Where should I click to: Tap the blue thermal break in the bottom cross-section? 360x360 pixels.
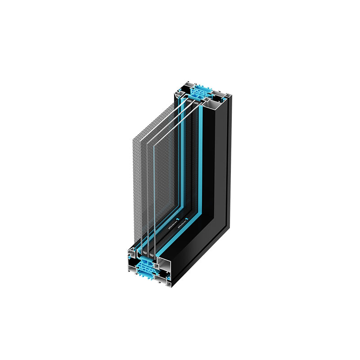pos(147,268)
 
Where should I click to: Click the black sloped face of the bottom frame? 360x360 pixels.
pos(198,252)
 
